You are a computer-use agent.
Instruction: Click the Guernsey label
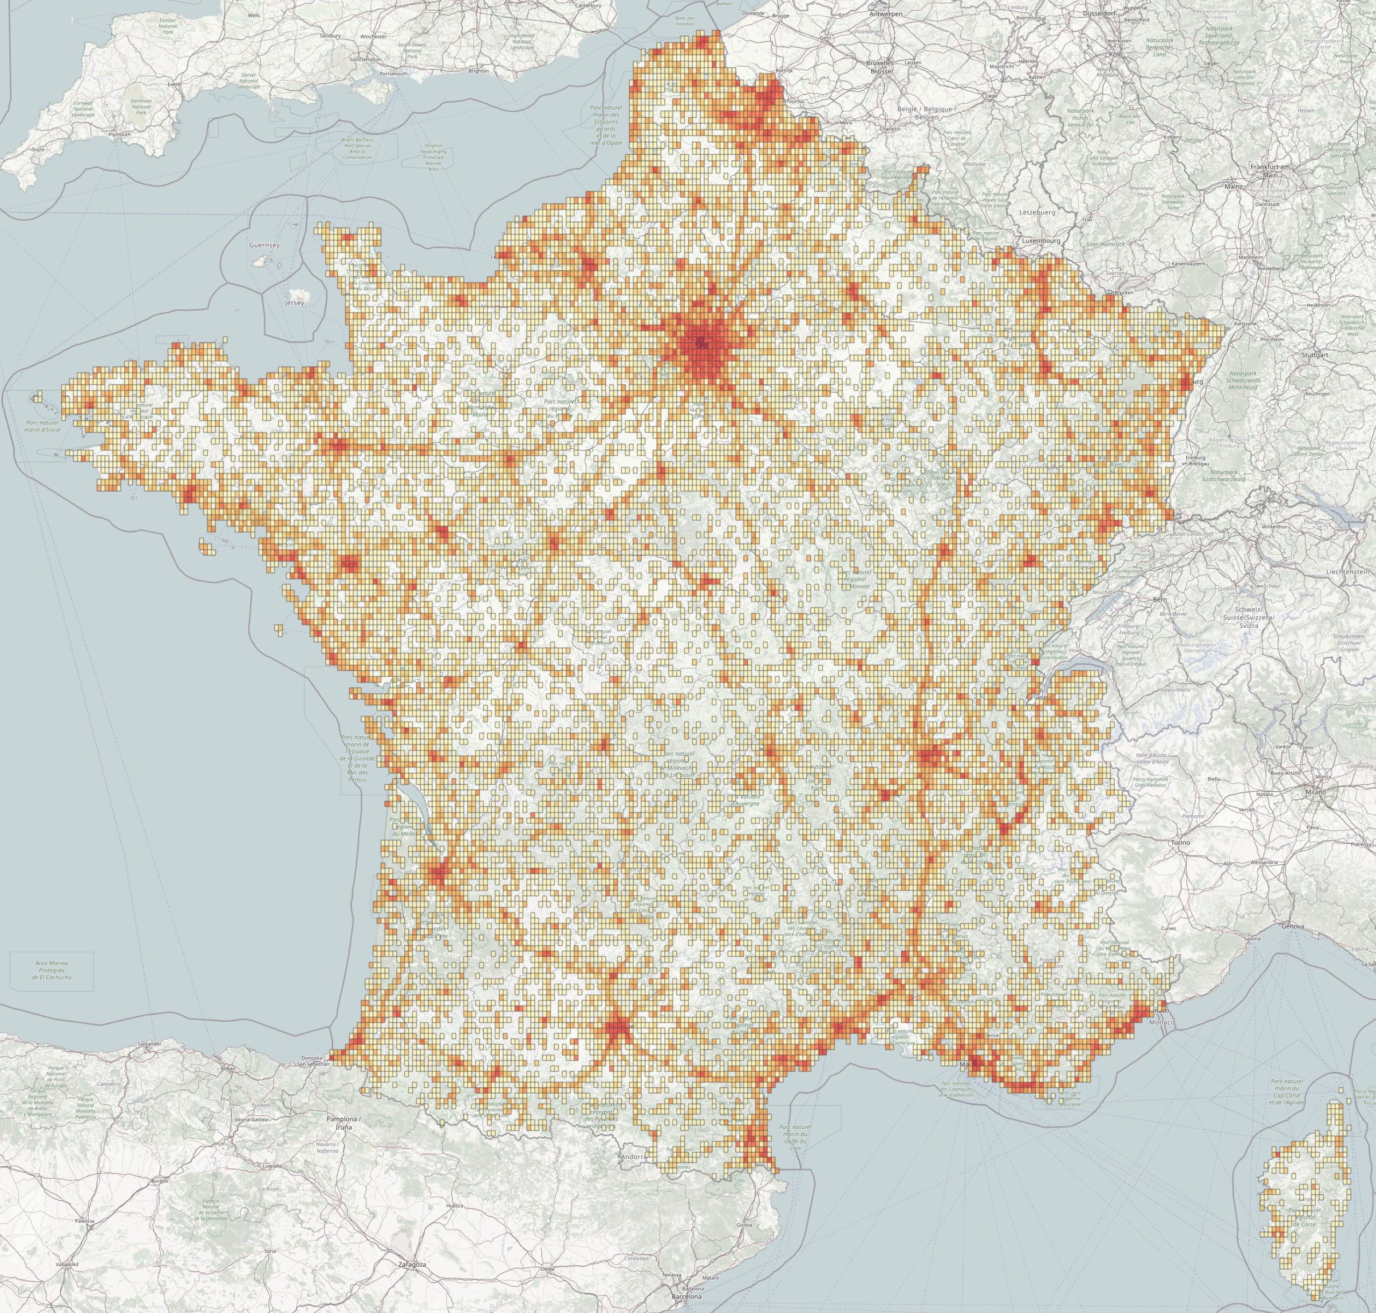(x=264, y=246)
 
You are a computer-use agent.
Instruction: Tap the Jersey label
(x=291, y=303)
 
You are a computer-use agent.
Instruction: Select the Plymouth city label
(x=120, y=134)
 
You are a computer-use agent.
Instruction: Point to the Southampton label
(x=366, y=60)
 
